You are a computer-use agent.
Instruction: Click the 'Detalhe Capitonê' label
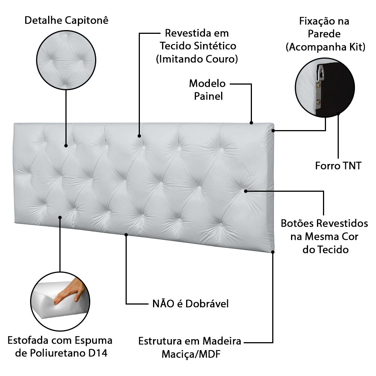pyautogui.click(x=66, y=20)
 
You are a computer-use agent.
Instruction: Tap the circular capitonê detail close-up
pyautogui.click(x=66, y=59)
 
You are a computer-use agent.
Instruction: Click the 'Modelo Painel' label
pyautogui.click(x=208, y=89)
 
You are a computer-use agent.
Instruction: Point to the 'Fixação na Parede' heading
pyautogui.click(x=324, y=27)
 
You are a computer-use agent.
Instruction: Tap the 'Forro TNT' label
pyautogui.click(x=338, y=165)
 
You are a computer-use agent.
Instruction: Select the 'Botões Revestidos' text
pyautogui.click(x=324, y=224)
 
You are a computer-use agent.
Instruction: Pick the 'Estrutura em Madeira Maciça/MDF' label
pyautogui.click(x=190, y=347)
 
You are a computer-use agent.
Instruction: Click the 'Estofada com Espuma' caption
pyautogui.click(x=60, y=341)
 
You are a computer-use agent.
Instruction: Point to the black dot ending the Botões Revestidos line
pyautogui.click(x=246, y=191)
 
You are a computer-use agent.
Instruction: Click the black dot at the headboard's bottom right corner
pyautogui.click(x=273, y=252)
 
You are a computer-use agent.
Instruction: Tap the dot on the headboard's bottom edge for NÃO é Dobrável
pyautogui.click(x=126, y=235)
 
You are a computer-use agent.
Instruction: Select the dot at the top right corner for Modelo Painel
pyautogui.click(x=251, y=122)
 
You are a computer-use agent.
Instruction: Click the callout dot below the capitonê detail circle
pyautogui.click(x=66, y=146)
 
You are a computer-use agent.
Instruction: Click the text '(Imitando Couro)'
pyautogui.click(x=197, y=59)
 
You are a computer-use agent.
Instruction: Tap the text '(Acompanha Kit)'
pyautogui.click(x=325, y=47)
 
